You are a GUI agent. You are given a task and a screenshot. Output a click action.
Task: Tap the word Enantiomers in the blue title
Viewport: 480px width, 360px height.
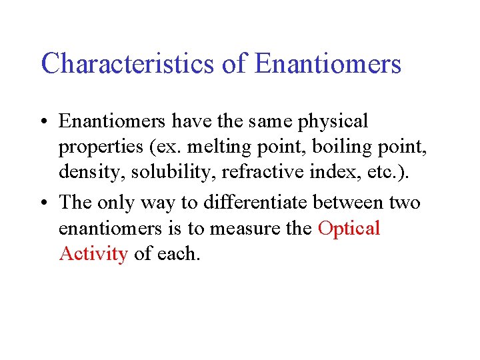pos(328,64)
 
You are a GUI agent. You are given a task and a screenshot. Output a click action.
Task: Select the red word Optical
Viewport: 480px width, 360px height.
pos(349,228)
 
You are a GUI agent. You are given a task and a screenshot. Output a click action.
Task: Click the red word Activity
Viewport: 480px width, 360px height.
pos(93,254)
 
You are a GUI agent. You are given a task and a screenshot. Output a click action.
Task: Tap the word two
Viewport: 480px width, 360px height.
pos(405,202)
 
